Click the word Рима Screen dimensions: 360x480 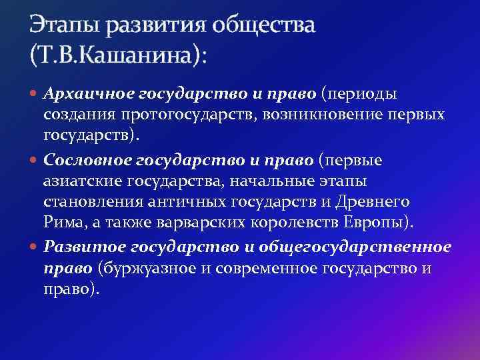[60, 222]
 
